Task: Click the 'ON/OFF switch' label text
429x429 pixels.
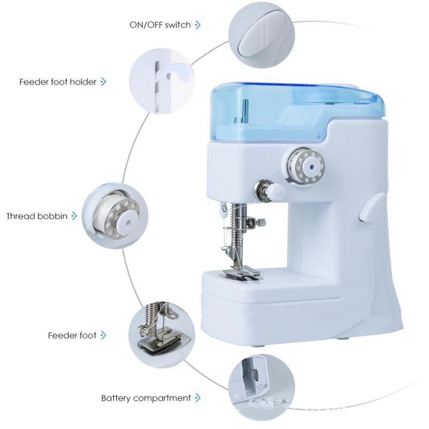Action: (160, 25)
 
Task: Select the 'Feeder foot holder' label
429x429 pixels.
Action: (58, 81)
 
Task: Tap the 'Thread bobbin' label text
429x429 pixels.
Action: (37, 216)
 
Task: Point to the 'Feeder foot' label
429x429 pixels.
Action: (72, 335)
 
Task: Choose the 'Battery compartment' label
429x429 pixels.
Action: (146, 398)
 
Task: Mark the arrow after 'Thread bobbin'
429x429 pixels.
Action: (74, 216)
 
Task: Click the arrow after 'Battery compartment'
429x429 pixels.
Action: (198, 398)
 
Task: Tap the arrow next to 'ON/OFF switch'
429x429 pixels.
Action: (198, 25)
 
